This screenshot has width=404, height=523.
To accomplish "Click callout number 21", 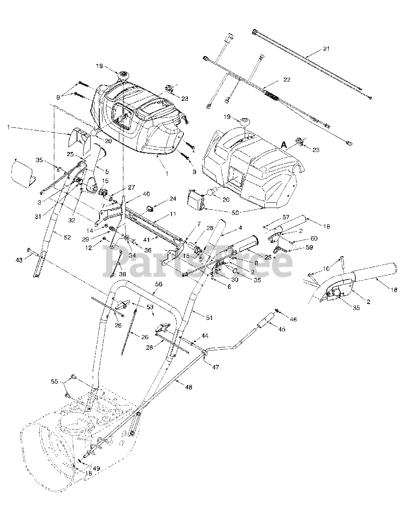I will pos(325,49).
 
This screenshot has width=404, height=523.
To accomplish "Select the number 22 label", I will pos(287,80).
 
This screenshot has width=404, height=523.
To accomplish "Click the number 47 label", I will pos(215,367).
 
